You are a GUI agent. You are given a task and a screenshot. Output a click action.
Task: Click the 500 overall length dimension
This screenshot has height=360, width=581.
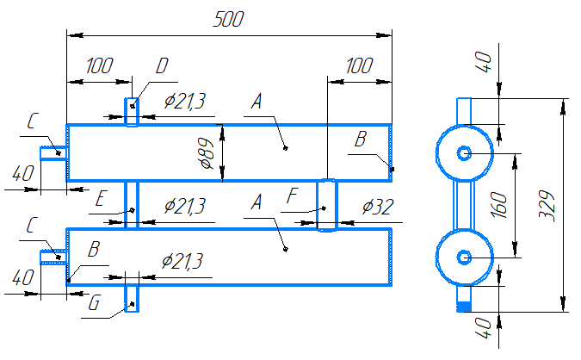[x=229, y=19]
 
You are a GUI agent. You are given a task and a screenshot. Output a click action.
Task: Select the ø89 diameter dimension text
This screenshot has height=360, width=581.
[x=207, y=153]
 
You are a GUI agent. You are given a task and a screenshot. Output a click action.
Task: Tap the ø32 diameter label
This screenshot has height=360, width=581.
[x=378, y=207]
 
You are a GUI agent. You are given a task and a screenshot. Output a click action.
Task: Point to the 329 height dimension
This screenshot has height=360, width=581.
[x=547, y=206]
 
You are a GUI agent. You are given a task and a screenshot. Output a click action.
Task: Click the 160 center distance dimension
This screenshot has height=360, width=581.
[x=499, y=205]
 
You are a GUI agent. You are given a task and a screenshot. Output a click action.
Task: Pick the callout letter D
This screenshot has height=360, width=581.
[x=162, y=66]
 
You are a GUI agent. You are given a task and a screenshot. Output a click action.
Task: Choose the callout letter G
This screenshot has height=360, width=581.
[x=94, y=303]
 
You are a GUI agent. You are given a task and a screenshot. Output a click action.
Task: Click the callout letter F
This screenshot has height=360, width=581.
[x=293, y=196]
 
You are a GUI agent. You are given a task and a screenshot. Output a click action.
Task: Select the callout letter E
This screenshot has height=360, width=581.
[x=100, y=199]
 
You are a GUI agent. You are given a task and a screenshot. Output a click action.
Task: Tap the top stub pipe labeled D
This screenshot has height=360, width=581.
[x=132, y=112]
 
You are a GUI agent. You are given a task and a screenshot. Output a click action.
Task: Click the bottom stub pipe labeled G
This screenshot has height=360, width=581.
[x=132, y=299]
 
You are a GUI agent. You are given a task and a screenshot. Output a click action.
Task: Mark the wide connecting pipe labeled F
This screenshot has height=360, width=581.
[x=327, y=205]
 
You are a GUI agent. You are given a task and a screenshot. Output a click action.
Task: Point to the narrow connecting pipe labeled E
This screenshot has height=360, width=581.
[x=132, y=205]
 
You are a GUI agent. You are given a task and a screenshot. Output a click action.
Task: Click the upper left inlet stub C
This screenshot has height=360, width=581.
[x=53, y=153]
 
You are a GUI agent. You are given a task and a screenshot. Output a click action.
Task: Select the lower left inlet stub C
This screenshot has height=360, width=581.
[x=53, y=257]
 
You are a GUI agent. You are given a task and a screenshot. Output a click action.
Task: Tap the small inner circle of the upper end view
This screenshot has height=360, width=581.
[x=464, y=147]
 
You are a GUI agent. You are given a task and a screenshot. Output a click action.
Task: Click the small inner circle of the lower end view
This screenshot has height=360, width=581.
[x=464, y=251]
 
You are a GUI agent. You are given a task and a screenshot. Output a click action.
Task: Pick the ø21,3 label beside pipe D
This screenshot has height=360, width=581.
[x=184, y=101]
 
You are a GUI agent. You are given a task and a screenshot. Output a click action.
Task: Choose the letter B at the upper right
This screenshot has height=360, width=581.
[x=361, y=140]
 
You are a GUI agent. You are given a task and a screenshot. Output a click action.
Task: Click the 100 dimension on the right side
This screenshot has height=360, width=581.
[x=359, y=66]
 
